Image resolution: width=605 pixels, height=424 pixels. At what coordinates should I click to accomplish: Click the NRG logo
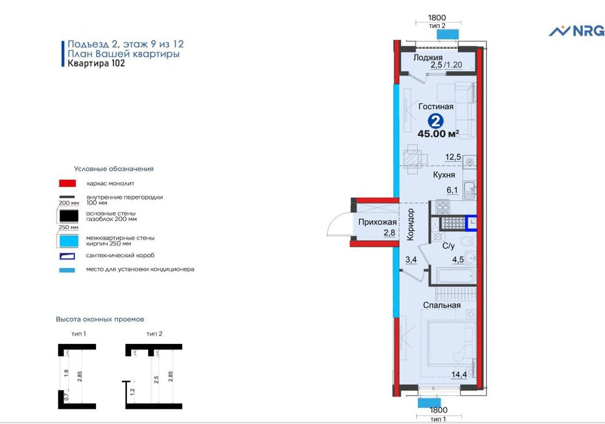click(x=576, y=31)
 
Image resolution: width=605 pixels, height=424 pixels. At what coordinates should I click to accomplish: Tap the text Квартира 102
click(x=97, y=63)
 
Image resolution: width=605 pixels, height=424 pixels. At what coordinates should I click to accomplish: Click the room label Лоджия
click(x=428, y=58)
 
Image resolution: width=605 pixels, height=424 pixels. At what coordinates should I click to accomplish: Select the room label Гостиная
click(x=436, y=106)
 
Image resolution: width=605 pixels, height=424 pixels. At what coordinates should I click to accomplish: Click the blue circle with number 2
click(x=436, y=122)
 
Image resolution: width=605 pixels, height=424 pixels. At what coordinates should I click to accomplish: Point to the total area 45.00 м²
click(x=439, y=134)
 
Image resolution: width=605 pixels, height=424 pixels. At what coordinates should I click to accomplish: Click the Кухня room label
click(x=443, y=175)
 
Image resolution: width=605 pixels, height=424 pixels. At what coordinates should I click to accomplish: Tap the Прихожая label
click(x=377, y=222)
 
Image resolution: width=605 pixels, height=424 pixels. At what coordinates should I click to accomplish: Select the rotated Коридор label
click(x=411, y=224)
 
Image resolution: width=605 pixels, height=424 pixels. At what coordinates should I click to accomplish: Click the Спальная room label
click(x=442, y=305)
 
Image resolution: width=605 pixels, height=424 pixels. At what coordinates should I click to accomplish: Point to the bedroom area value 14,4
click(x=459, y=374)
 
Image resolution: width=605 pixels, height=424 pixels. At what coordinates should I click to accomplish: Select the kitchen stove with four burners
click(x=443, y=207)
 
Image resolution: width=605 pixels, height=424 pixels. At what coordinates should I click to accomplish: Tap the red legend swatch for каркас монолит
click(x=67, y=183)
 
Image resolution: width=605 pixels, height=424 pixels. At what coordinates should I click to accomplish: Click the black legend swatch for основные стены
click(x=69, y=216)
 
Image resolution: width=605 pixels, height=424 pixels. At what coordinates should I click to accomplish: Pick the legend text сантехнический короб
click(x=120, y=255)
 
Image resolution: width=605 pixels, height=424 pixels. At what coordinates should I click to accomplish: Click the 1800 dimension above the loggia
click(x=437, y=18)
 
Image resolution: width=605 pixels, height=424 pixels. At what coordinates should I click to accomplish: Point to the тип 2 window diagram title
click(x=154, y=334)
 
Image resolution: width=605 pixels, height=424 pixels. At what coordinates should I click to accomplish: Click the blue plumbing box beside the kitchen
click(x=471, y=223)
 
